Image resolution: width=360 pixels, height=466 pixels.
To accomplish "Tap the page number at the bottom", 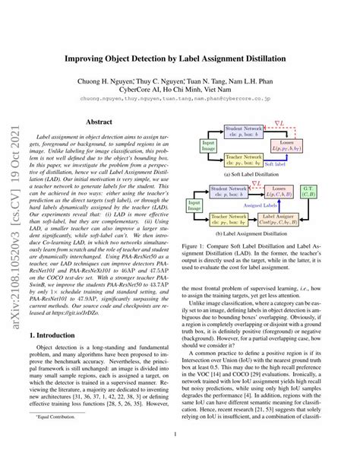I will (180, 434).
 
